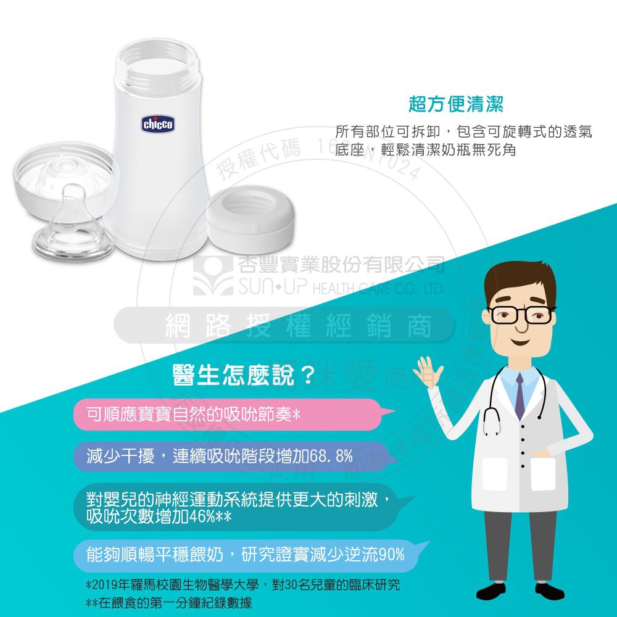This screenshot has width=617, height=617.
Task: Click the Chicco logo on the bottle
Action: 159,125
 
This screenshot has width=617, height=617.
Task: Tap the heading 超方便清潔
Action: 456,105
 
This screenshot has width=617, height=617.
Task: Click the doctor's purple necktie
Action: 520,395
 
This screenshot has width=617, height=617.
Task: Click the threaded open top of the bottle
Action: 158,65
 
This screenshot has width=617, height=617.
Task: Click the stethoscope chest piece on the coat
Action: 492,428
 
